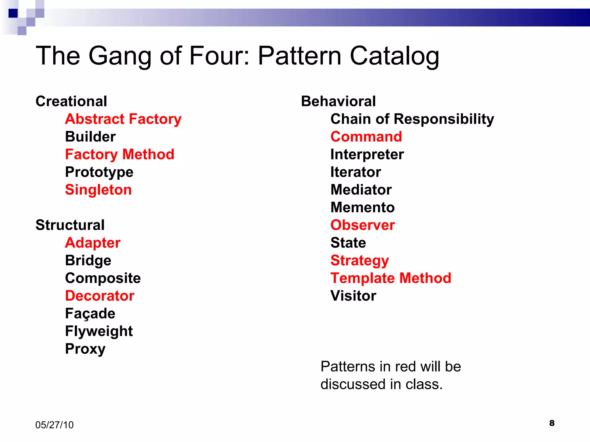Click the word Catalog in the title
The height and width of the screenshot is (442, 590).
pyautogui.click(x=394, y=56)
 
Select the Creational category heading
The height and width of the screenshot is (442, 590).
pyautogui.click(x=71, y=101)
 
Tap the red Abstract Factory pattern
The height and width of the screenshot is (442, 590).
pyautogui.click(x=123, y=119)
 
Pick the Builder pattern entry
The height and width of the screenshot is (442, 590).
pyautogui.click(x=90, y=137)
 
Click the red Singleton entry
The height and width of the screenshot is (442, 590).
pyautogui.click(x=98, y=190)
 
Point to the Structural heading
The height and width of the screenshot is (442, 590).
pyautogui.click(x=70, y=225)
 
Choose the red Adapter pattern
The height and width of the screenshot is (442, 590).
pyautogui.click(x=93, y=243)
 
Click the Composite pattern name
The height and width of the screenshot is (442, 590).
pyautogui.click(x=103, y=278)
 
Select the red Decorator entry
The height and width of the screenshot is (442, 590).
pyautogui.click(x=100, y=296)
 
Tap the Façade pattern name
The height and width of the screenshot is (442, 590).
pyautogui.click(x=90, y=314)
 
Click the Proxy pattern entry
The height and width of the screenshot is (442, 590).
pyautogui.click(x=85, y=349)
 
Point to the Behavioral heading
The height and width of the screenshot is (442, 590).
pyautogui.click(x=338, y=101)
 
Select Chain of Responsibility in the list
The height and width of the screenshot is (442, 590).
pyautogui.click(x=412, y=119)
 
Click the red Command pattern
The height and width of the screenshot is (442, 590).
pyautogui.click(x=366, y=137)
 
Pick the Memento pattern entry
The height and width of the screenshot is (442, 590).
pyautogui.click(x=363, y=207)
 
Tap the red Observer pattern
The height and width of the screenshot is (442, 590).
pyautogui.click(x=363, y=225)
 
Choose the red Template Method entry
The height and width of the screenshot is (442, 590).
pyautogui.click(x=391, y=278)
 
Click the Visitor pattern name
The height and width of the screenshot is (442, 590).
pyautogui.click(x=353, y=296)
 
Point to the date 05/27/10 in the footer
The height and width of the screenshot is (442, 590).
pyautogui.click(x=54, y=425)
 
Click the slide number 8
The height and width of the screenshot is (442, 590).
pyautogui.click(x=552, y=423)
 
